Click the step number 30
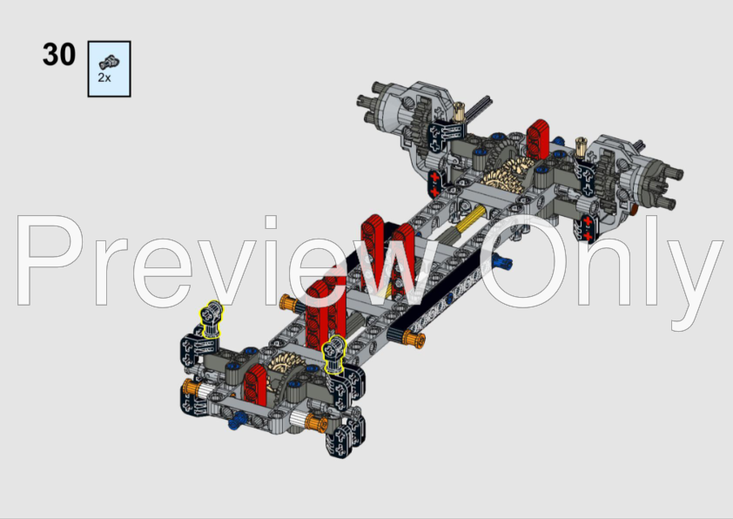coord(59,54)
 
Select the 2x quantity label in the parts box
coord(104,78)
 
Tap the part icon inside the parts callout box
coord(109,62)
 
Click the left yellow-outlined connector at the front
coord(211,318)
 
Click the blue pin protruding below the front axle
coord(235,425)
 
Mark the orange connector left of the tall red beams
coord(286,304)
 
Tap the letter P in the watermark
coord(52,260)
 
